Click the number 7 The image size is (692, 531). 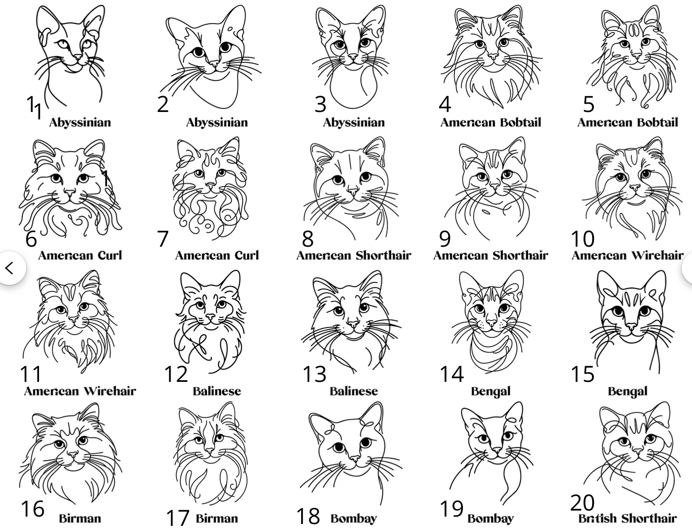click(x=162, y=239)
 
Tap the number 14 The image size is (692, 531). click(x=452, y=374)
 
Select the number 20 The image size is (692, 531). click(x=582, y=503)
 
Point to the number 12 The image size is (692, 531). click(x=176, y=374)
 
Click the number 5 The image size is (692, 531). click(x=588, y=104)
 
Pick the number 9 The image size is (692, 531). click(x=445, y=239)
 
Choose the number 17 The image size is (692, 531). click(x=178, y=518)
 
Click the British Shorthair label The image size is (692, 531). click(x=627, y=518)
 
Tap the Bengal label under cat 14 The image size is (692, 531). click(x=491, y=391)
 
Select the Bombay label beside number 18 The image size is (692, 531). click(x=354, y=518)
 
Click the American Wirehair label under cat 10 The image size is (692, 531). click(x=627, y=256)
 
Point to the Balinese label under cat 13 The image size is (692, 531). click(x=354, y=391)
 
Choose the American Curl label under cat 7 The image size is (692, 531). click(x=217, y=256)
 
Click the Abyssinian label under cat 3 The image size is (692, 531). click(x=354, y=123)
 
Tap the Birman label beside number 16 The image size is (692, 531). click(x=80, y=518)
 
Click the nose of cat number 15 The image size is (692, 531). click(x=631, y=326)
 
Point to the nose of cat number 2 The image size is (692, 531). click(x=214, y=64)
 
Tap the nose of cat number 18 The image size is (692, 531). click(x=355, y=459)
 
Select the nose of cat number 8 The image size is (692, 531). click(x=353, y=192)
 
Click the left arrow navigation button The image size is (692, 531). click(x=10, y=268)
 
